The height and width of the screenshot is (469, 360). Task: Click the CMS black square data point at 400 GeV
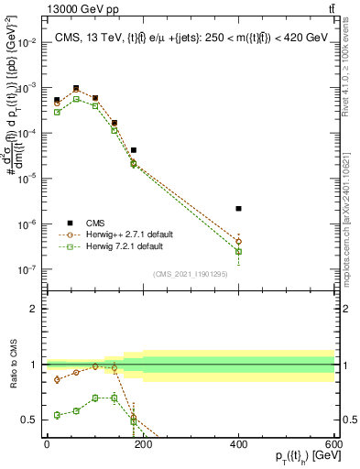238,209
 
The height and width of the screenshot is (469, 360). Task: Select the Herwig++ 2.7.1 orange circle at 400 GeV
238,242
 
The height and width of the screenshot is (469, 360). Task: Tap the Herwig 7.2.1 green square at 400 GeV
238,251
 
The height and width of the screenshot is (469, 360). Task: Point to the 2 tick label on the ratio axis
36,309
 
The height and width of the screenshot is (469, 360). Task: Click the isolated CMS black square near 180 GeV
133,150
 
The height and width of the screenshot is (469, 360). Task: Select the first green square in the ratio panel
57,415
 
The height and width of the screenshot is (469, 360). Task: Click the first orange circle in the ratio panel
57,379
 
